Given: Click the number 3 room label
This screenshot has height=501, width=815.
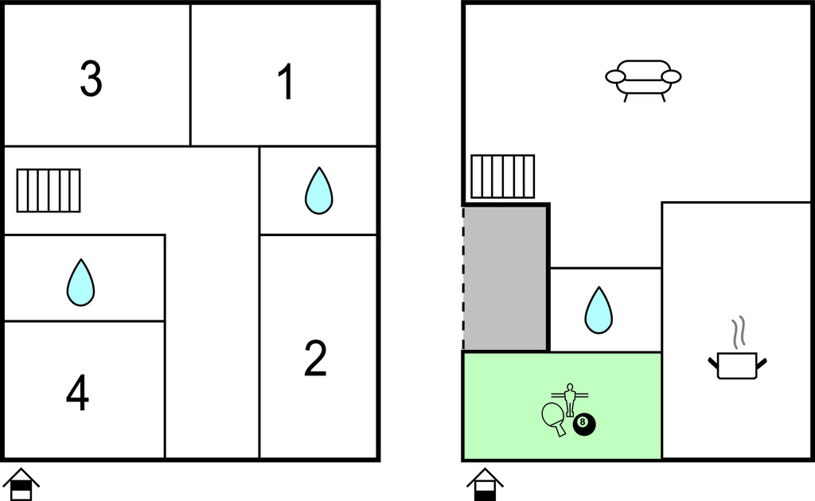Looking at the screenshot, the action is (x=91, y=79).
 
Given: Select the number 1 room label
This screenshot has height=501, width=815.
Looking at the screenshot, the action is (x=286, y=81).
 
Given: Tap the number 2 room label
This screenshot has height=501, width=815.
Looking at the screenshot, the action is (x=315, y=358).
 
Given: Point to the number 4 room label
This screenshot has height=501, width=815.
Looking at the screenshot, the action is (x=77, y=393).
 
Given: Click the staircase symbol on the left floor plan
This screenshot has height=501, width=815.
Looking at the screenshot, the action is (x=49, y=191).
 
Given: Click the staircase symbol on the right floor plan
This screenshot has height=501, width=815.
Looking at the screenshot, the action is (x=503, y=177).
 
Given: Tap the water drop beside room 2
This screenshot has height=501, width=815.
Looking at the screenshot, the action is (x=318, y=191).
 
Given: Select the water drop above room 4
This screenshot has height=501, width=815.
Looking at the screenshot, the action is (x=80, y=282).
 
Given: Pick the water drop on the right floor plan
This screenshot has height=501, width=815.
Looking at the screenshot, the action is (x=599, y=310).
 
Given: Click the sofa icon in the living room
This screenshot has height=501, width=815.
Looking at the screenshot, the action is (x=643, y=80).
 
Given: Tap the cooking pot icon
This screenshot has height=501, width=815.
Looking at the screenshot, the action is (x=737, y=365).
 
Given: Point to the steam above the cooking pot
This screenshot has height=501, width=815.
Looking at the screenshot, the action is (x=739, y=332).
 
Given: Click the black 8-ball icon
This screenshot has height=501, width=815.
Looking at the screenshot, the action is (x=584, y=425).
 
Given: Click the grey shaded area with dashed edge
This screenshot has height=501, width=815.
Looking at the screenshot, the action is (x=505, y=279).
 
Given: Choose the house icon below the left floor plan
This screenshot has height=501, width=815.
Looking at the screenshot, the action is (x=21, y=484).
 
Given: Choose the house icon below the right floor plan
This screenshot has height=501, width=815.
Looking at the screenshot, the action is (x=485, y=484).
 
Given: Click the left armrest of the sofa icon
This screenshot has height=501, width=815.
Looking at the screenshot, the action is (x=615, y=77).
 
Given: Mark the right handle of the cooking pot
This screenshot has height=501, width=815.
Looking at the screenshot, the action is (x=762, y=363).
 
